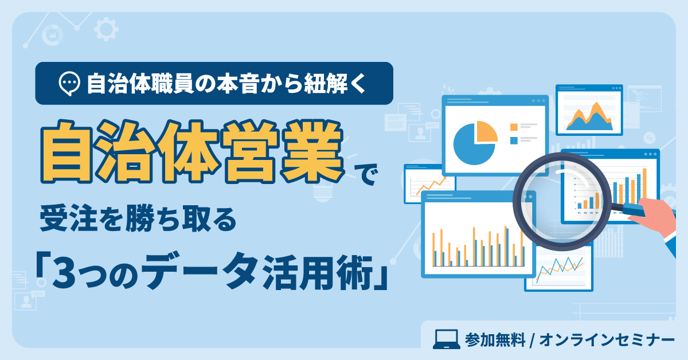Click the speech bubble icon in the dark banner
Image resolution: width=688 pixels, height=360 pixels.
(70, 84)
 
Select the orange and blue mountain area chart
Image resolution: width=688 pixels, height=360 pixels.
(589, 117)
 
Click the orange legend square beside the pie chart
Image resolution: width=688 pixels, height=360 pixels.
(514, 127)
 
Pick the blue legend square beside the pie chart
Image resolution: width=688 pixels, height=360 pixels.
(514, 140)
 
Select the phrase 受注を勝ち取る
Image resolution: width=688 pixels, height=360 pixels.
(138, 220)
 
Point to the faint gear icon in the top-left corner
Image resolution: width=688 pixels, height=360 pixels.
(104, 29)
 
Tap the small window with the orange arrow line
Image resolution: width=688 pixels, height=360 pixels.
(429, 184)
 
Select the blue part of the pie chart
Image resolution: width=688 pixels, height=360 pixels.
(471, 146)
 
